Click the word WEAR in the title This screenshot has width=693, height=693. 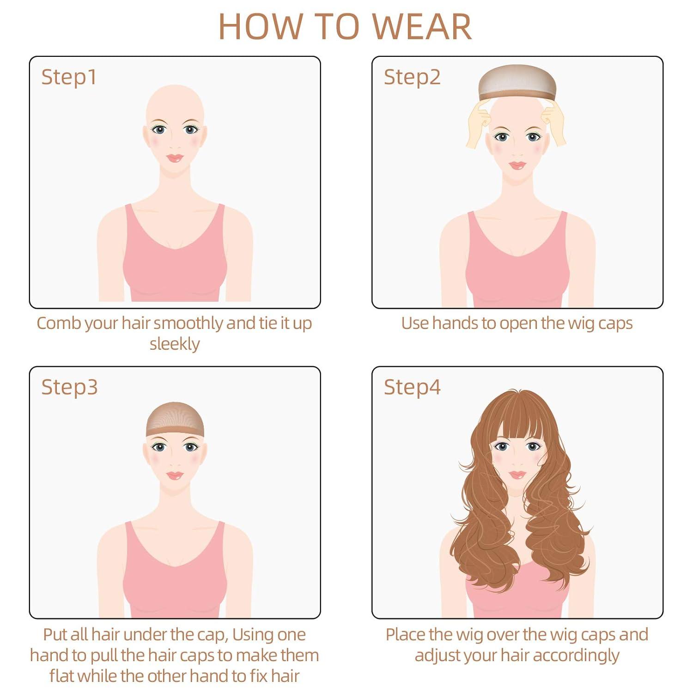422,26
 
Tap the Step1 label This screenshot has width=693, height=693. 69,77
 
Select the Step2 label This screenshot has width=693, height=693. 412,77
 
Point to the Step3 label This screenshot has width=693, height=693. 69,387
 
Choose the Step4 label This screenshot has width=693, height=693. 412,387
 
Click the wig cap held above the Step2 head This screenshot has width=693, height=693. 517,81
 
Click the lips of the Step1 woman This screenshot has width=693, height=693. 175,158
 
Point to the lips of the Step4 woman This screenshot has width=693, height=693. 517,475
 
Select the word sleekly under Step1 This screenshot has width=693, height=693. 175,344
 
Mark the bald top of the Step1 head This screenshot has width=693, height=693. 175,99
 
